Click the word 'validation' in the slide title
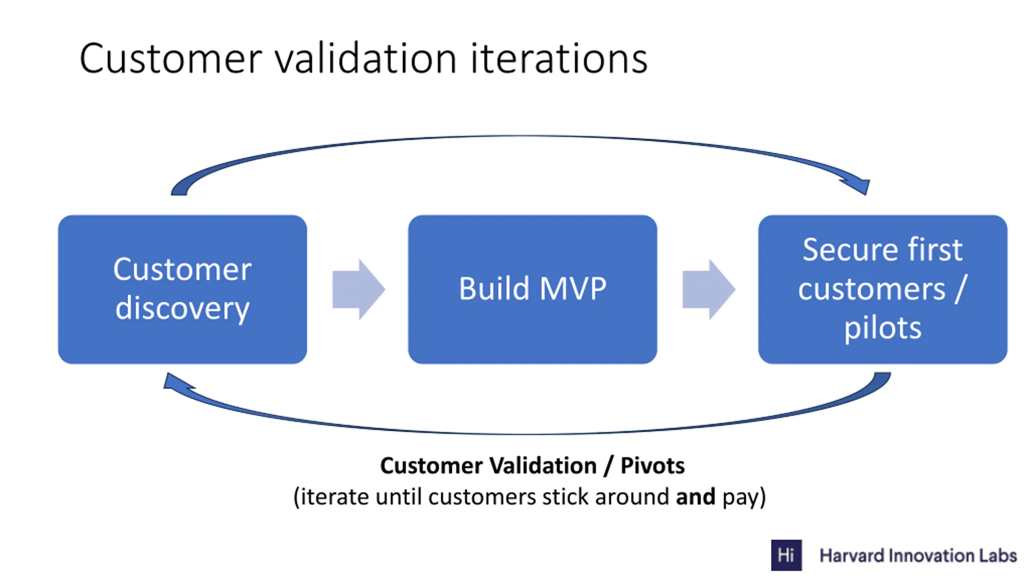365,59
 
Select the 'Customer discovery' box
182,289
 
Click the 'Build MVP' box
532,289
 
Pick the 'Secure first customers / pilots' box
883,289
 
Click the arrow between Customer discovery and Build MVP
358,289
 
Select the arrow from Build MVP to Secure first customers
709,289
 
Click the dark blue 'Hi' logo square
786,555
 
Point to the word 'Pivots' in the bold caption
652,466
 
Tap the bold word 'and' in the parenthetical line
696,497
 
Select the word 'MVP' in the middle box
573,288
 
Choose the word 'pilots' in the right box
883,329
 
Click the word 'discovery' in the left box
182,309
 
